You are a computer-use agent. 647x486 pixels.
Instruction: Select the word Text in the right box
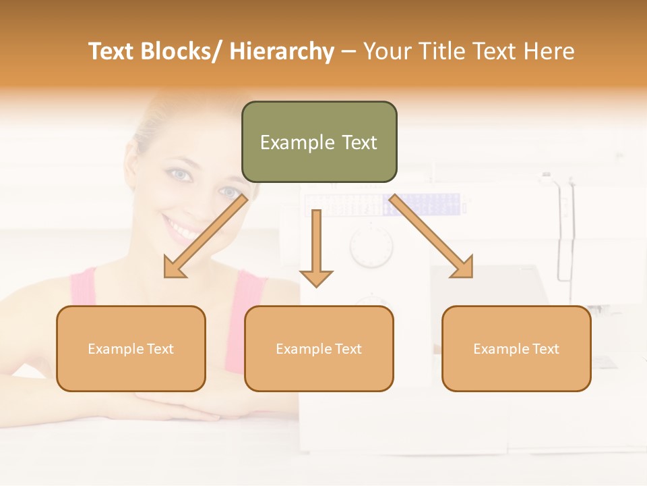click(546, 349)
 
